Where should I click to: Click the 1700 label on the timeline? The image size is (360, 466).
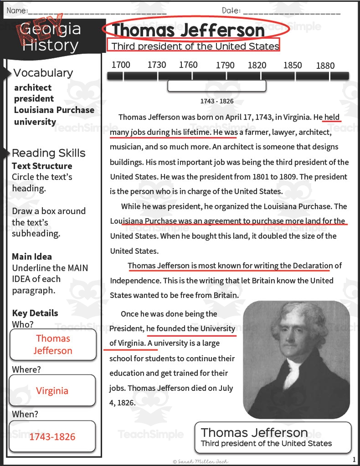(121, 65)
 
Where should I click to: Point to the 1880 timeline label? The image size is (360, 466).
(325, 66)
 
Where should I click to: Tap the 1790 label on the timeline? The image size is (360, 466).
(225, 65)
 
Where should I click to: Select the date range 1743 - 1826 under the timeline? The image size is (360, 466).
(217, 101)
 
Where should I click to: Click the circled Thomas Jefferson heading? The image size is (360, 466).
(188, 31)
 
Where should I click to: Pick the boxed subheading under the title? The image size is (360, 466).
(193, 46)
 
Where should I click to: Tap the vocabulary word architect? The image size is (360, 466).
(32, 88)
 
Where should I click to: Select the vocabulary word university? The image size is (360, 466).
(35, 121)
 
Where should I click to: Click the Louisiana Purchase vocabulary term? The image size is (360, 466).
(54, 110)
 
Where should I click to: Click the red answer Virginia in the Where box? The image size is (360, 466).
(52, 391)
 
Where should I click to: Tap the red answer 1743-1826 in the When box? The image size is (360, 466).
(52, 437)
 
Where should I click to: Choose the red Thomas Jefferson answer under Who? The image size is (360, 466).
(53, 345)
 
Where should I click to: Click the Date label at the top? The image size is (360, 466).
(231, 10)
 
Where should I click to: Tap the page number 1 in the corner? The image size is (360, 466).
(354, 459)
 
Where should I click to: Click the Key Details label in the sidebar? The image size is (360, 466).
(35, 313)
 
